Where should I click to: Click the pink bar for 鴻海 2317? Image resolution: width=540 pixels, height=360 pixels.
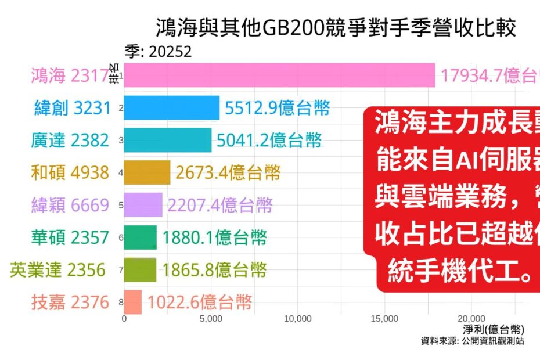click(279, 75)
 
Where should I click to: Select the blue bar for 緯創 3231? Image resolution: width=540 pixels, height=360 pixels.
click(172, 107)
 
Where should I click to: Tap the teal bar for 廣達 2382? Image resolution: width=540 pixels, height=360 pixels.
click(168, 140)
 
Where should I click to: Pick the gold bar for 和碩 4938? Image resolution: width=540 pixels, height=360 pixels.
click(147, 172)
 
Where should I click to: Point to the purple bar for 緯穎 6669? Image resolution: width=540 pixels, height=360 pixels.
click(143, 205)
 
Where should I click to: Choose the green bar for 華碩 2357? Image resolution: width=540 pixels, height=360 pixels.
click(141, 237)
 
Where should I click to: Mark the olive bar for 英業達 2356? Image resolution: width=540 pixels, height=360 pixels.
click(141, 270)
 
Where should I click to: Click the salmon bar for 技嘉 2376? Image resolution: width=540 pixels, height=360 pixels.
click(133, 303)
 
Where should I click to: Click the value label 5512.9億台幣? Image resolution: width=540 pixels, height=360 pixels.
click(276, 108)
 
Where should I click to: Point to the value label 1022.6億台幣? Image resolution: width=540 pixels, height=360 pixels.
click(200, 303)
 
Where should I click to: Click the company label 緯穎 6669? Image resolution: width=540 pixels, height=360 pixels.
click(70, 205)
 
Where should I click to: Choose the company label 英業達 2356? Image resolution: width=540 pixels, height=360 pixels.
click(58, 270)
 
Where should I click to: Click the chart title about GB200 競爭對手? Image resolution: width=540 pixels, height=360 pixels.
click(336, 28)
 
